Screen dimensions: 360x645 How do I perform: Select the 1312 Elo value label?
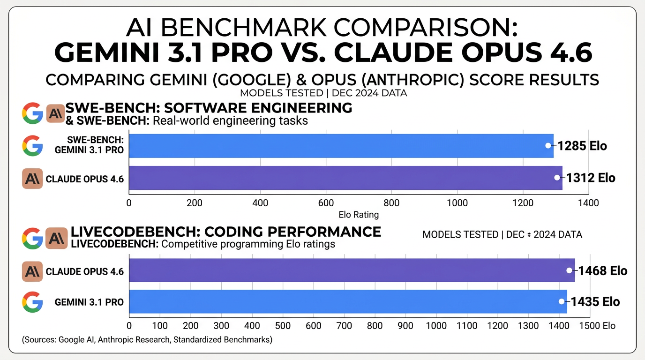pyautogui.click(x=591, y=178)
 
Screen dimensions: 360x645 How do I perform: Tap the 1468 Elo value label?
pyautogui.click(x=602, y=270)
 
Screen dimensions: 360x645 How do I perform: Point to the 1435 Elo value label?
pyautogui.click(x=595, y=302)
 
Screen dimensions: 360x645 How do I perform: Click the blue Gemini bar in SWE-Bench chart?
pyautogui.click(x=341, y=146)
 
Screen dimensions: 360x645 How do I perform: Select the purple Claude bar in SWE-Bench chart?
pyautogui.click(x=345, y=178)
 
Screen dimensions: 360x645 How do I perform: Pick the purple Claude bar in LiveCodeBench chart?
pyautogui.click(x=352, y=270)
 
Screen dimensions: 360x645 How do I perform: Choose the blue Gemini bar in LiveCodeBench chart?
pyautogui.click(x=348, y=302)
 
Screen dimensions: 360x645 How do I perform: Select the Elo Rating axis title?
pyautogui.click(x=359, y=215)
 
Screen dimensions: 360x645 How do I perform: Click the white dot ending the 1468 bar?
pyautogui.click(x=569, y=270)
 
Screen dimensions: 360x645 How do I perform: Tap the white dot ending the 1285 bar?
pyautogui.click(x=548, y=146)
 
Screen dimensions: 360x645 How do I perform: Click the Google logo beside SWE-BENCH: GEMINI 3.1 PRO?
pyautogui.click(x=32, y=146)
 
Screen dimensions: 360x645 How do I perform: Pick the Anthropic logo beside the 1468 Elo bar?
pyautogui.click(x=32, y=271)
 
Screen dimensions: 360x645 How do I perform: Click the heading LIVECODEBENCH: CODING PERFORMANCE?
pyautogui.click(x=225, y=232)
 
